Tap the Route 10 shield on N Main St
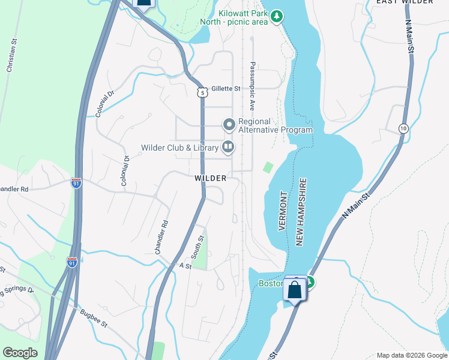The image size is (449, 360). click(403, 128)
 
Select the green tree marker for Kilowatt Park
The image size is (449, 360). click(277, 16)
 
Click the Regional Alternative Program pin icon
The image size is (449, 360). click(229, 125)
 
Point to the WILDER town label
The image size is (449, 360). click(210, 178)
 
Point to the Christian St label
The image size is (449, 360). click(10, 56)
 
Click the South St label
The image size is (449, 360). click(201, 247)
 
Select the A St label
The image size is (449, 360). click(185, 265)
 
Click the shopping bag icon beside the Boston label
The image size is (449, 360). click(295, 290)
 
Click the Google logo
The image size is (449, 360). click(20, 353)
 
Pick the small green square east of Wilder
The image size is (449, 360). click(268, 167)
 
